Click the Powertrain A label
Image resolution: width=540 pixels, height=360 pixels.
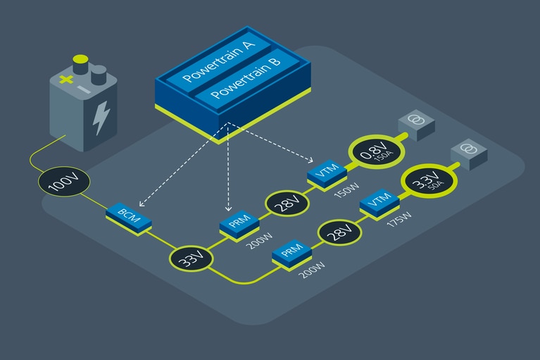[218, 62]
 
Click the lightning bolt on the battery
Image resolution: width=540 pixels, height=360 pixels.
[101, 116]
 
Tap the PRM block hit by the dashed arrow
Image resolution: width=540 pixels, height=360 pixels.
[239, 225]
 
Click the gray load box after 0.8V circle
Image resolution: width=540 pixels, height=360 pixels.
[415, 123]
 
